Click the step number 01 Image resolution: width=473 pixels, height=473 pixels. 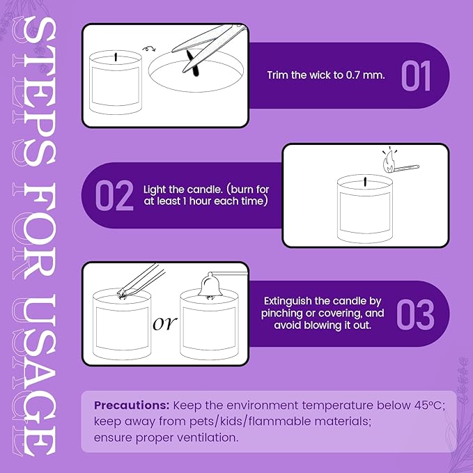(x=416, y=76)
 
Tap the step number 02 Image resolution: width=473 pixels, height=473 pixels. (x=114, y=195)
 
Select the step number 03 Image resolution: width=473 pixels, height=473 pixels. (x=415, y=314)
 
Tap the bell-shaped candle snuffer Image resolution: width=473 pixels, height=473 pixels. (x=210, y=285)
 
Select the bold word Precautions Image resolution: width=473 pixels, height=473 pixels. (x=132, y=405)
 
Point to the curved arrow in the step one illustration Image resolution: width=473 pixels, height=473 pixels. (x=149, y=48)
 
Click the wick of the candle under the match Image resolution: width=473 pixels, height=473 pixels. (x=366, y=182)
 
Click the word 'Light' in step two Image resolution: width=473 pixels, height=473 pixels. (x=155, y=189)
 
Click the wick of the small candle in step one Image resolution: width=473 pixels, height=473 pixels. (x=116, y=57)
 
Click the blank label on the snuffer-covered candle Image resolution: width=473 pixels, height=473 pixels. (x=209, y=329)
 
